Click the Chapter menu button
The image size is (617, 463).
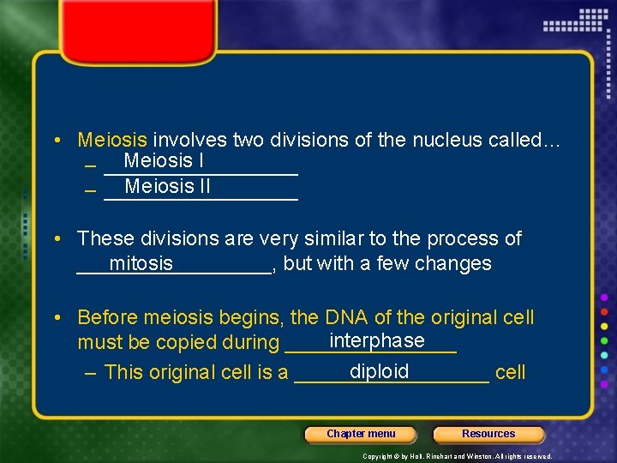click(x=361, y=434)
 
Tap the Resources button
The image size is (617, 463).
click(x=488, y=434)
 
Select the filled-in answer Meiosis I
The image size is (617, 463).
click(x=163, y=160)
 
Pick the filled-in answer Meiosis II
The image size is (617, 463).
click(x=167, y=186)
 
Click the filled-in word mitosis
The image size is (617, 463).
click(x=141, y=263)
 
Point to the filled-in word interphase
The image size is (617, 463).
click(x=377, y=340)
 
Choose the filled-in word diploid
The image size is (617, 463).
click(x=380, y=371)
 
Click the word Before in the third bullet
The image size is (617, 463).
click(x=107, y=317)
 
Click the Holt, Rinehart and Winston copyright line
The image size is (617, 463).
click(x=458, y=456)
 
